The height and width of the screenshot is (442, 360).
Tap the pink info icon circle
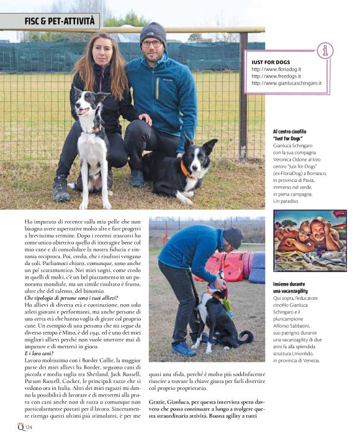coord(323,51)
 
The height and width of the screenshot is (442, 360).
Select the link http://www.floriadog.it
coord(276,70)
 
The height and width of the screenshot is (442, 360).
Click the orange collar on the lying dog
coord(186,170)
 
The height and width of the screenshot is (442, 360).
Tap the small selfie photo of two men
coord(310,241)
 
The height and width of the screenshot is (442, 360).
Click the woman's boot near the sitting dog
coord(61,189)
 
